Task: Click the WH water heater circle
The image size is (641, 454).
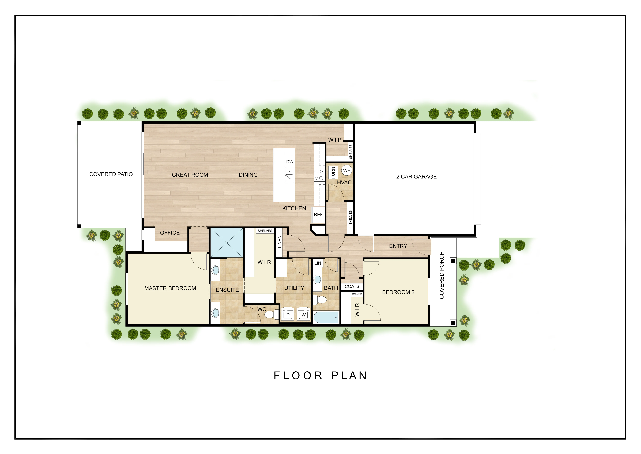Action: tap(347, 171)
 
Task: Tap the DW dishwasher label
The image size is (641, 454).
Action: tap(290, 162)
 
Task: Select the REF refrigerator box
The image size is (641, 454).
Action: tap(318, 215)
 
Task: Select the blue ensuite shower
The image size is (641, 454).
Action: tap(226, 243)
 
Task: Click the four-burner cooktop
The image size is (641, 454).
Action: tap(319, 175)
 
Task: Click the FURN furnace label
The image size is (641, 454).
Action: tap(333, 172)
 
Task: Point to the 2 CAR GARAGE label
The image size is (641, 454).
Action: tap(416, 177)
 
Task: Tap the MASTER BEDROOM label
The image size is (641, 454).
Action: tap(170, 288)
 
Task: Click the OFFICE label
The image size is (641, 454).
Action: tap(170, 233)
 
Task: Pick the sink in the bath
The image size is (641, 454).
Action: tap(317, 279)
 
